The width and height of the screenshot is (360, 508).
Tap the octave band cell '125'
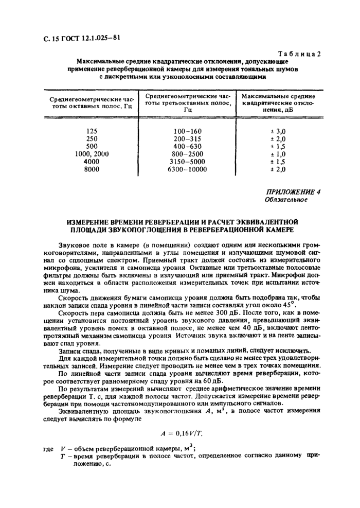point(92,131)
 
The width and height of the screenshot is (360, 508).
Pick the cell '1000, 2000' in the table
point(92,154)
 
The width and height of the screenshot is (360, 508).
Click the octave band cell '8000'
point(92,168)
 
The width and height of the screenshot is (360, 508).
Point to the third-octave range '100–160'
point(188,131)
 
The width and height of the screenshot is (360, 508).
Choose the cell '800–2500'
point(188,154)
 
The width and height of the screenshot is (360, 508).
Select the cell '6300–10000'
point(188,168)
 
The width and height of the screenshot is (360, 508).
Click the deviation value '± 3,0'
point(278,131)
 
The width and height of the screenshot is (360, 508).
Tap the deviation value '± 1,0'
point(278,154)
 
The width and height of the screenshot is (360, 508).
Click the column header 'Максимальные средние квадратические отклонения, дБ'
point(278,102)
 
